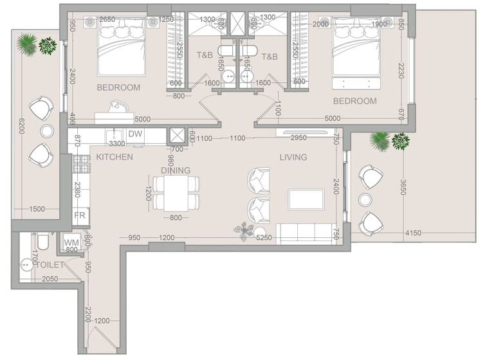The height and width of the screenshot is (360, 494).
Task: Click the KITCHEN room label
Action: click(x=114, y=157)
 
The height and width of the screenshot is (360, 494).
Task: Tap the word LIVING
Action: click(x=293, y=157)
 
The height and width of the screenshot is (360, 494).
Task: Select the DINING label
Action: click(x=176, y=170)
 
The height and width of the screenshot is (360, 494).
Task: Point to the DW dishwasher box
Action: click(x=135, y=134)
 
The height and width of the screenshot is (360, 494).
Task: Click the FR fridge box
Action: click(x=80, y=215)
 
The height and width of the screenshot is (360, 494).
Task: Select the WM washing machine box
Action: click(x=71, y=242)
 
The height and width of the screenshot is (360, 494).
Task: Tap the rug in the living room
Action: click(x=306, y=199)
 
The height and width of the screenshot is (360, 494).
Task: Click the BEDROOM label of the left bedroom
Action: click(x=118, y=87)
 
